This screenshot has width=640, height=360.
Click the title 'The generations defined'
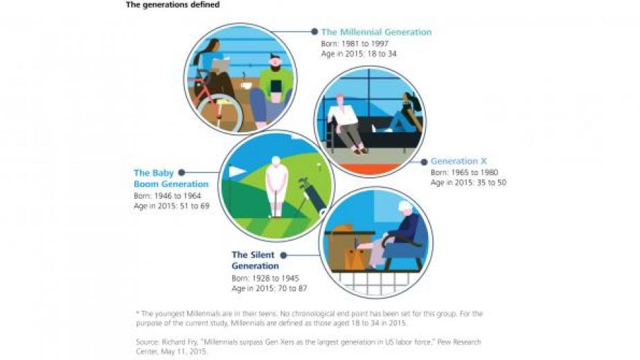(172, 5)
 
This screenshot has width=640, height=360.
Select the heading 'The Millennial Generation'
(376, 32)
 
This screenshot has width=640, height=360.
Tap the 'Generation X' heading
(459, 161)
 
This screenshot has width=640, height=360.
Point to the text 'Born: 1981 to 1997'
(355, 44)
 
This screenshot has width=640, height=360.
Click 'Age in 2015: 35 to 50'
(468, 183)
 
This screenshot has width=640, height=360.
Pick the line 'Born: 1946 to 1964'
(168, 196)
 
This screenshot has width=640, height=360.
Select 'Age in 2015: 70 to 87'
(269, 289)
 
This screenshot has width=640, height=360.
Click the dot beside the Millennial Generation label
(314, 31)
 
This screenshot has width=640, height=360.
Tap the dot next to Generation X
(424, 162)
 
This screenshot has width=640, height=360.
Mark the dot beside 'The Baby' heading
(181, 172)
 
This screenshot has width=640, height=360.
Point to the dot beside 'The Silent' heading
(283, 255)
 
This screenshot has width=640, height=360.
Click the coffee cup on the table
(246, 84)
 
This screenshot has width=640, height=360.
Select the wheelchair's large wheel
(219, 112)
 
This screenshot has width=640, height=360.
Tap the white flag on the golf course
(237, 171)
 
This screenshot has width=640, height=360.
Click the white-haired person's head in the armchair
(406, 208)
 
